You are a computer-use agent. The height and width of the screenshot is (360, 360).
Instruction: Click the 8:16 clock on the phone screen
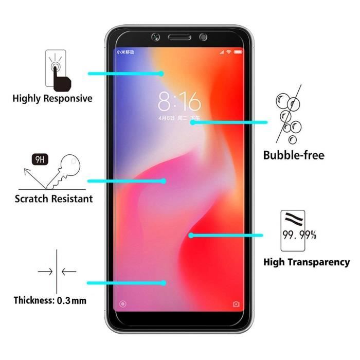(179, 102)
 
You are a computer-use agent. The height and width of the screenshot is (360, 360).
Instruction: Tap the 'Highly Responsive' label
(52, 98)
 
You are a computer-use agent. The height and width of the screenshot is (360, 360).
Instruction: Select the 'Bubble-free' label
(294, 155)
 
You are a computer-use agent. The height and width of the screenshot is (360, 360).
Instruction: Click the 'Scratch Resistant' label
(53, 199)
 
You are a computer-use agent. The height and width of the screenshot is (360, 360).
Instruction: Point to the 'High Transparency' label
(307, 262)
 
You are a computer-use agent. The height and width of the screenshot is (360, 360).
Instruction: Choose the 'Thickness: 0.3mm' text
(50, 300)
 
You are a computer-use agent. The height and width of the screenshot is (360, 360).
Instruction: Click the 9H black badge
(39, 159)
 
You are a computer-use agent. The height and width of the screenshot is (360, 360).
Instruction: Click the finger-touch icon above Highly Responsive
(59, 69)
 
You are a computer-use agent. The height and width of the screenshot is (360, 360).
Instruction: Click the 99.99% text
(299, 236)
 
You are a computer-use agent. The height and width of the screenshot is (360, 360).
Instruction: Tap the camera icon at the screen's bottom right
(236, 304)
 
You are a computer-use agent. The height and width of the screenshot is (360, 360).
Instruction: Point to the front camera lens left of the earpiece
(156, 37)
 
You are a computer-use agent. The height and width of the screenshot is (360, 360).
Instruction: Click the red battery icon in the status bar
(238, 52)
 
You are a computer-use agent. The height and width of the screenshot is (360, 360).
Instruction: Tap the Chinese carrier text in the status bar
(125, 52)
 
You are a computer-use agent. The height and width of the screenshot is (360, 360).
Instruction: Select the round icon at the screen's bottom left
(122, 304)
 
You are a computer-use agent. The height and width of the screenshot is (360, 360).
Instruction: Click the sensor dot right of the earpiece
(203, 37)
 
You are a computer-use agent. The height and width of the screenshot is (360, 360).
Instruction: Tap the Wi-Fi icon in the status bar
(228, 52)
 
